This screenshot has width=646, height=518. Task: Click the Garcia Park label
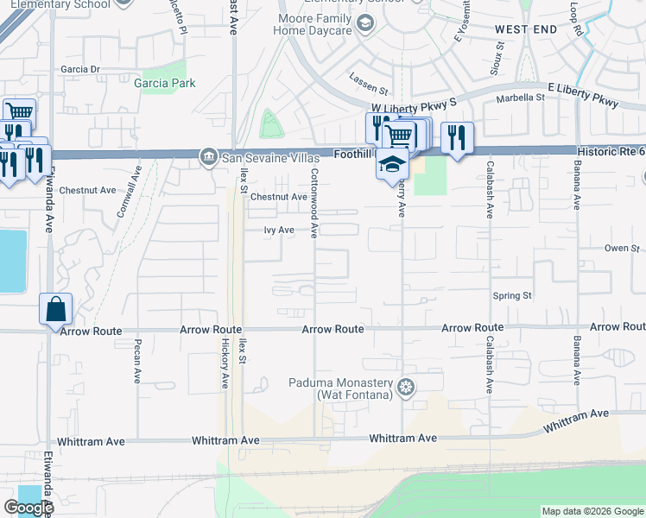[x=164, y=84]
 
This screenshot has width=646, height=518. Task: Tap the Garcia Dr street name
[x=80, y=69]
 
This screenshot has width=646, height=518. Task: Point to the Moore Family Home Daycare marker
[x=366, y=23]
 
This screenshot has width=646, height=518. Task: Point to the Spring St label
[x=511, y=296]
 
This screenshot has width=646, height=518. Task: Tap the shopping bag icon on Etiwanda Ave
[x=55, y=309]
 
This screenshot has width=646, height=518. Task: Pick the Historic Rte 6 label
[x=610, y=152]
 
